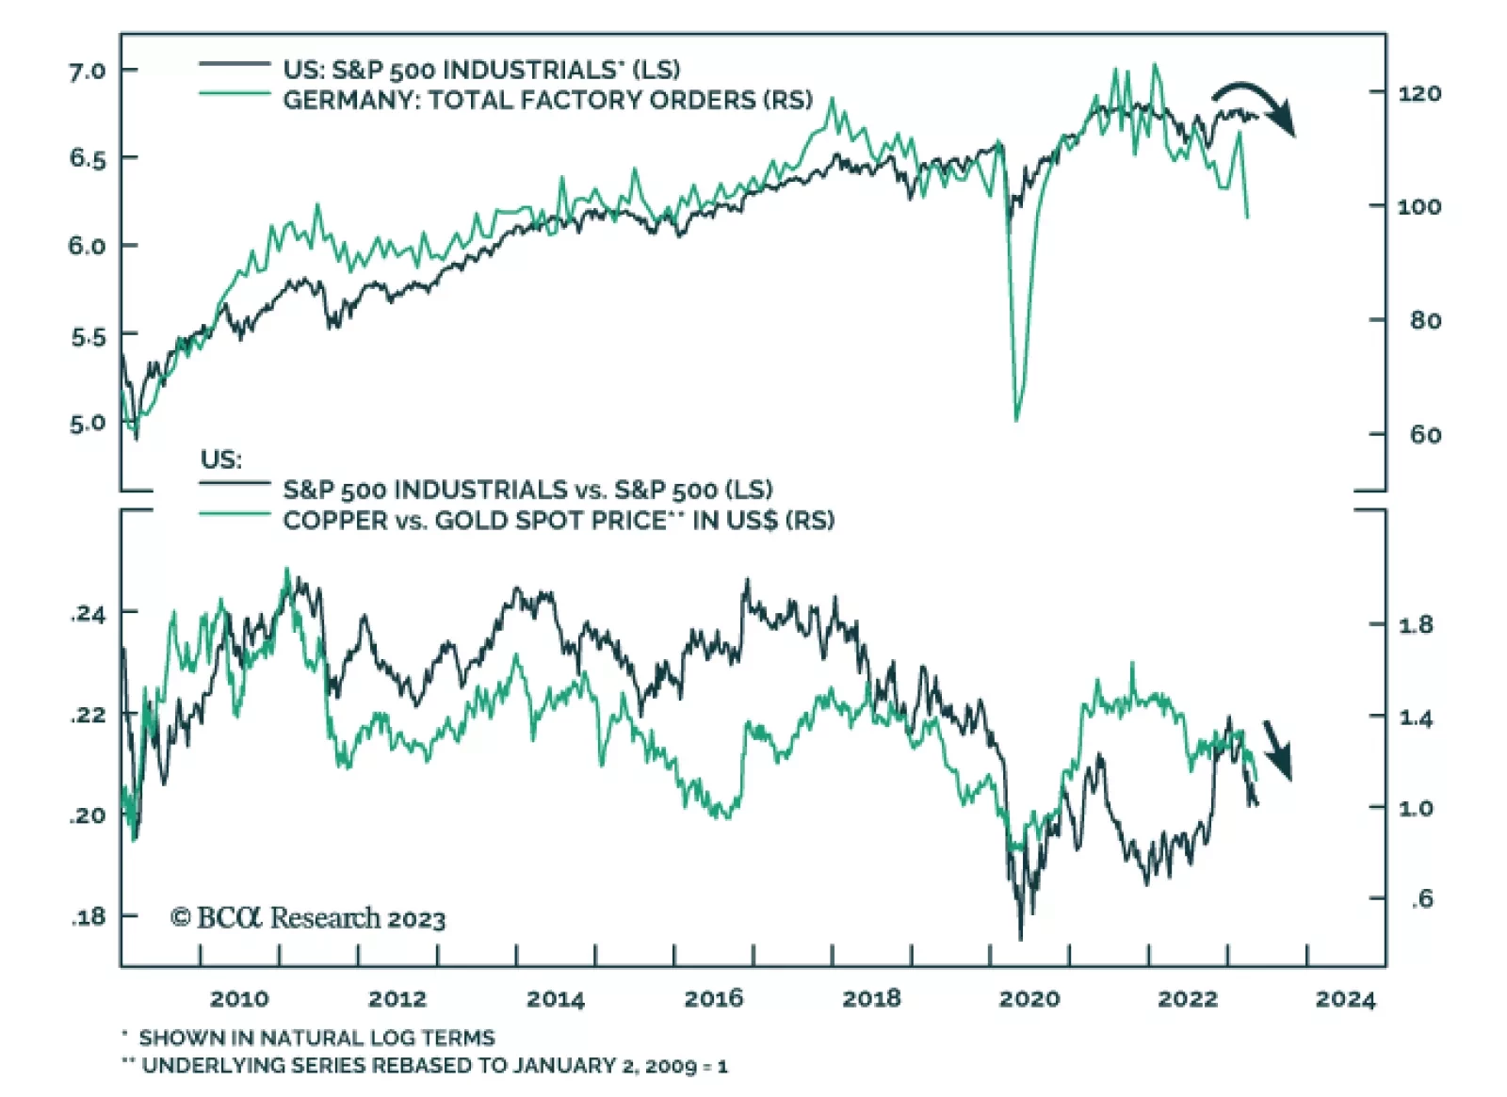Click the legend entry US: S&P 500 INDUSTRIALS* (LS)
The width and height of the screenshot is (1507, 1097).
click(x=480, y=70)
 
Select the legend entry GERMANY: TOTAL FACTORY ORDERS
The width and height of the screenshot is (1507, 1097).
click(x=546, y=100)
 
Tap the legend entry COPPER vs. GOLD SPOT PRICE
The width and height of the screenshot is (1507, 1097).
click(x=558, y=521)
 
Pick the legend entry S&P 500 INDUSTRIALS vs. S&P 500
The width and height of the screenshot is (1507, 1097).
click(x=527, y=490)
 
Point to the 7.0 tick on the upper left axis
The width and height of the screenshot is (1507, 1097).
click(x=87, y=71)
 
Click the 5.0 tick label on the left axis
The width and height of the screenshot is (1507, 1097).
click(x=87, y=424)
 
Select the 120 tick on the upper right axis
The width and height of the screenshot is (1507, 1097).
click(x=1418, y=93)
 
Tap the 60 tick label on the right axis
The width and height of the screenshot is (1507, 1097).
click(x=1425, y=435)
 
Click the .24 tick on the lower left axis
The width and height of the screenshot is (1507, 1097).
click(x=89, y=614)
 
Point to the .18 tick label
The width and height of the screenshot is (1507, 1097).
click(x=89, y=916)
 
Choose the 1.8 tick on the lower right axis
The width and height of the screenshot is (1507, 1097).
click(x=1415, y=624)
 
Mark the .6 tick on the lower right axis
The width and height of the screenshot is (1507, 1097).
click(x=1421, y=899)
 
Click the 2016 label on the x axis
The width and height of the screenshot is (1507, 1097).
click(x=713, y=998)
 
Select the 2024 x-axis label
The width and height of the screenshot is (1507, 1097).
click(x=1345, y=999)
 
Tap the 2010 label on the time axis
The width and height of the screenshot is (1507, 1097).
click(x=239, y=998)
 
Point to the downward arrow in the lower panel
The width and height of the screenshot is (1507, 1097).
click(x=1277, y=750)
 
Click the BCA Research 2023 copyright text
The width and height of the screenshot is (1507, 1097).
click(x=308, y=917)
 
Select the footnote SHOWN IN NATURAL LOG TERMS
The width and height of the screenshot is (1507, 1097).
click(x=316, y=1038)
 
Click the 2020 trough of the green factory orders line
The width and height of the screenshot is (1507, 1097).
click(x=1016, y=418)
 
